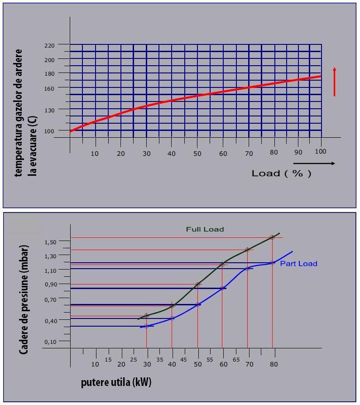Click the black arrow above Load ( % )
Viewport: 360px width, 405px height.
[x=314, y=163]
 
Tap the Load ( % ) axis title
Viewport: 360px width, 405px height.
[x=281, y=174]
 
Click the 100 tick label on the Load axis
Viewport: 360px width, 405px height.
[x=320, y=151]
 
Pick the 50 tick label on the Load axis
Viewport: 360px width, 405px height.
[x=197, y=154]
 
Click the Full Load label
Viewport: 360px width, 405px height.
[x=205, y=229]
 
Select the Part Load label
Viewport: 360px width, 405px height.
[x=298, y=263]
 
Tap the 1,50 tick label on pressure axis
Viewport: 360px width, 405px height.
[x=50, y=242]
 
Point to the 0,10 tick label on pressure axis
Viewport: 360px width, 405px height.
[x=50, y=342]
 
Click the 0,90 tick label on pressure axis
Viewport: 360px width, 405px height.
[x=50, y=285]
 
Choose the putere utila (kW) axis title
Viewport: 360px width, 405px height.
[x=116, y=382]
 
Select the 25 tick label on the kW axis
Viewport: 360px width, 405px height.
[x=133, y=360]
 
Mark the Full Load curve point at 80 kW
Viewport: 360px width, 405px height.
[x=272, y=237]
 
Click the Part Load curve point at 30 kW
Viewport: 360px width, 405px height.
[x=146, y=326]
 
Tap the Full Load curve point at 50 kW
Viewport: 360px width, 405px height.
[x=197, y=285]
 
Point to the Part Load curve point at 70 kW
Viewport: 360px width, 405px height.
[x=247, y=269]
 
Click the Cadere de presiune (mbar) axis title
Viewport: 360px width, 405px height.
[x=24, y=299]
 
